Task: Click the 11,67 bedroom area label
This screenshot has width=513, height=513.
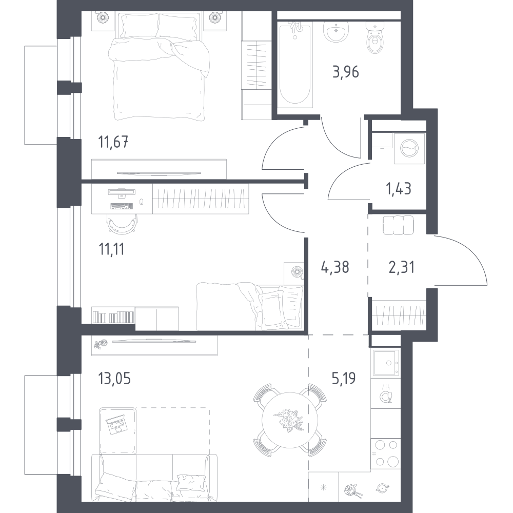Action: coord(113,143)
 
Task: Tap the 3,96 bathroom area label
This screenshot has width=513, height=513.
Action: coord(346,72)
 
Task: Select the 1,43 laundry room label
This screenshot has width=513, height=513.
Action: coord(399,189)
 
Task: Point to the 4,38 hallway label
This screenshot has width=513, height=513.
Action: coord(336,267)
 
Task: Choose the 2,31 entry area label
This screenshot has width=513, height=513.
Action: coord(402,267)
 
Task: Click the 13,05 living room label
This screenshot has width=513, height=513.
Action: coord(114,379)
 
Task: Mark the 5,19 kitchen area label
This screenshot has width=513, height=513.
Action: coord(344,378)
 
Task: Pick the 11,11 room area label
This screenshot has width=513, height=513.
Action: coord(111,249)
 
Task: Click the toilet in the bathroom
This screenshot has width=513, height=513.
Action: coord(374,38)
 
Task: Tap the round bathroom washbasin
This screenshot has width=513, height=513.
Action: coord(336,31)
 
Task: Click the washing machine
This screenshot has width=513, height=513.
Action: coord(409,148)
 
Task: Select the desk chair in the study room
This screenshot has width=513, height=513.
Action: coord(121,225)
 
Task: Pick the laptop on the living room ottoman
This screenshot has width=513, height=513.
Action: coord(116,425)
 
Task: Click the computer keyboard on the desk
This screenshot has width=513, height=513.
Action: coord(122,206)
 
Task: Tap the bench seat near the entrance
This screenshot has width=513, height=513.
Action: coord(398,225)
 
